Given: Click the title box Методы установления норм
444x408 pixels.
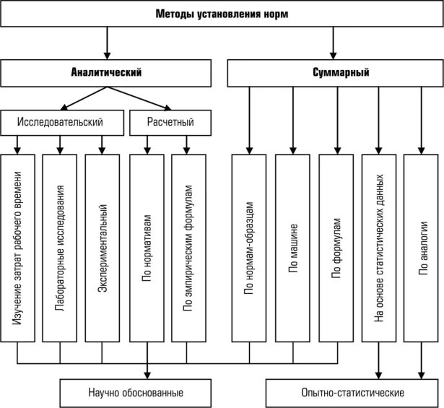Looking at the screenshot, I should pos(222,14).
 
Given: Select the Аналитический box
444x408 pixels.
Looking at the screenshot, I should pos(105,72).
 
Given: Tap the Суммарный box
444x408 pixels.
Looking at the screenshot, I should pos(332,72).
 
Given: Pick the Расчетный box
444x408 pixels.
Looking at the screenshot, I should pos(170,122).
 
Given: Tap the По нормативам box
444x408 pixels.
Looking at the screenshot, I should pos(147,248).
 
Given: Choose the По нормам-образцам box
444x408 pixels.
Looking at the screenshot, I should pos(249,248).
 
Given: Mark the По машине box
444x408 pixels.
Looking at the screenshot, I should pos(293,248).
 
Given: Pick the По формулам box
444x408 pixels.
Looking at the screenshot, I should pos(336,248).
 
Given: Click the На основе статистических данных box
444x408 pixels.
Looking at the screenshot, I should pos(379,248).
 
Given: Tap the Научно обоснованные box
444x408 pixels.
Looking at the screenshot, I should pos(147,393).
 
